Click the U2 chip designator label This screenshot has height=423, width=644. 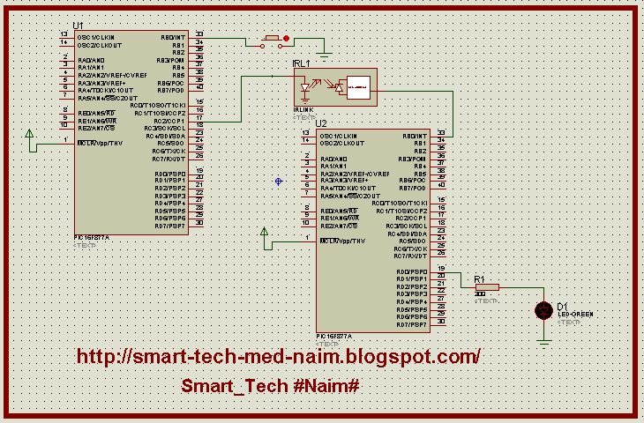point(321,123)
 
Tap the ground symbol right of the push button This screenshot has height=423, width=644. point(324,56)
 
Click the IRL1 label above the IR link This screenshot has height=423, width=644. point(301,64)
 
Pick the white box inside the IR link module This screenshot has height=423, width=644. point(357,88)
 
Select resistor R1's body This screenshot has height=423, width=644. point(487,286)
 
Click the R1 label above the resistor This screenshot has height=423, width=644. point(480,278)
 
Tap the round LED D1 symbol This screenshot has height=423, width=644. point(543,310)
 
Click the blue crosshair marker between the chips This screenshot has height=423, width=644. point(278,181)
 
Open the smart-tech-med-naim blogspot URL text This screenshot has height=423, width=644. point(279,357)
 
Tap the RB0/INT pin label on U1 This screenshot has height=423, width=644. point(172,38)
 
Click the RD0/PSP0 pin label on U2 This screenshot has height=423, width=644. point(412,271)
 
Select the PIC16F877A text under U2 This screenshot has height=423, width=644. point(334,336)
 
